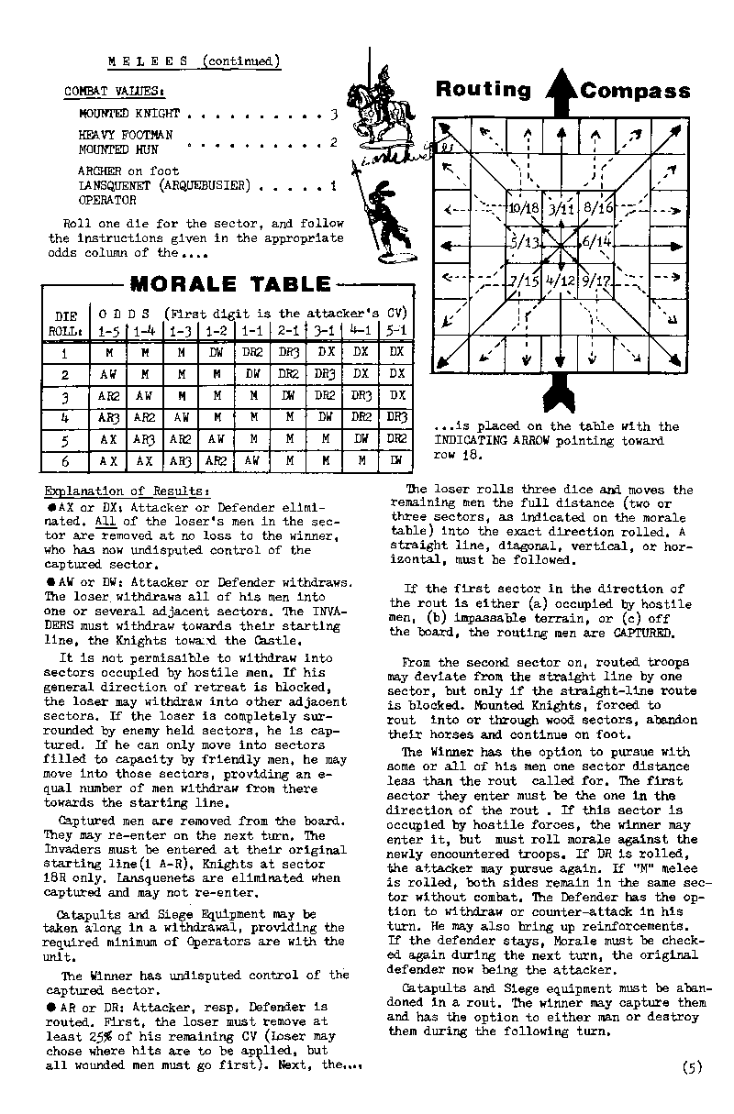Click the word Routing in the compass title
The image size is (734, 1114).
pyautogui.click(x=484, y=90)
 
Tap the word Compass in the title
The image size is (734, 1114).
pyautogui.click(x=635, y=91)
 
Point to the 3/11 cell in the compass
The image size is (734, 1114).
pyautogui.click(x=561, y=208)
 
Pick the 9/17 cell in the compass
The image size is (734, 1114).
pyautogui.click(x=598, y=281)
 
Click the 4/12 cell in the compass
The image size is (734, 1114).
pyautogui.click(x=561, y=281)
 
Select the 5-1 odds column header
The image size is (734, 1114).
pyautogui.click(x=395, y=329)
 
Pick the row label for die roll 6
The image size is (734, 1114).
pyautogui.click(x=64, y=460)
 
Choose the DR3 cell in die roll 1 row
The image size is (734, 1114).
pyautogui.click(x=290, y=351)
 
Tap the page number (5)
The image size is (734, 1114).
pyautogui.click(x=693, y=1066)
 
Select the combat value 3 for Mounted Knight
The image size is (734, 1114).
pyautogui.click(x=334, y=115)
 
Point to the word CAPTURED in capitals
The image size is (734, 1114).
pyautogui.click(x=651, y=633)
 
